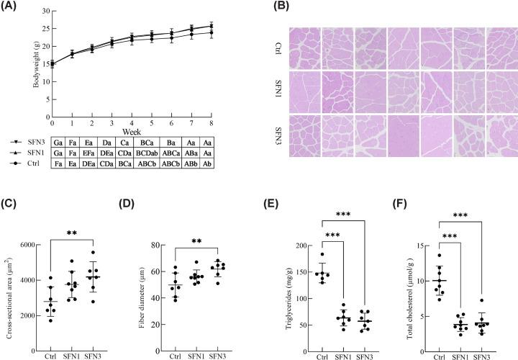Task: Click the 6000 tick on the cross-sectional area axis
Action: [x=29, y=246]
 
